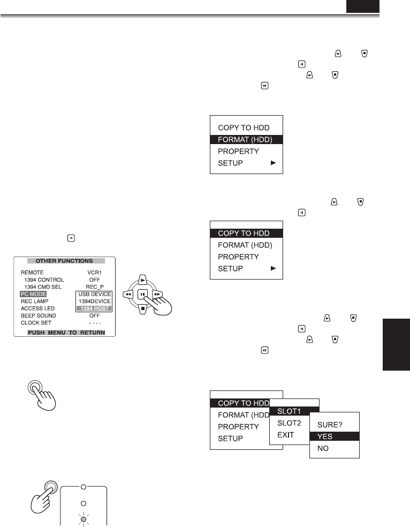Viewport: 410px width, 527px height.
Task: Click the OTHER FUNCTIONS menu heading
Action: click(x=64, y=261)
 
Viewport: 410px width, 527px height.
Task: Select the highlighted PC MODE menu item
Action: click(x=34, y=294)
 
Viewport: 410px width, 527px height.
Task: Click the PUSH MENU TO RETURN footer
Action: click(x=66, y=333)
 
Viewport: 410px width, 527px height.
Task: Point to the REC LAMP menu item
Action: click(x=35, y=302)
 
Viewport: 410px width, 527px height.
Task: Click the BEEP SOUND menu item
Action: click(x=38, y=315)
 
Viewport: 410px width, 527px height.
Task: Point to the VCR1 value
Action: click(x=95, y=272)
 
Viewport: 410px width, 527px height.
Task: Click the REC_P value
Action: click(x=95, y=287)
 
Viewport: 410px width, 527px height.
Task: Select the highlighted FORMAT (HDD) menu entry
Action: click(x=246, y=140)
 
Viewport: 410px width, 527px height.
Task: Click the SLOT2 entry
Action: click(x=289, y=423)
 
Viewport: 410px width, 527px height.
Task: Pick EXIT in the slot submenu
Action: click(x=285, y=434)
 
